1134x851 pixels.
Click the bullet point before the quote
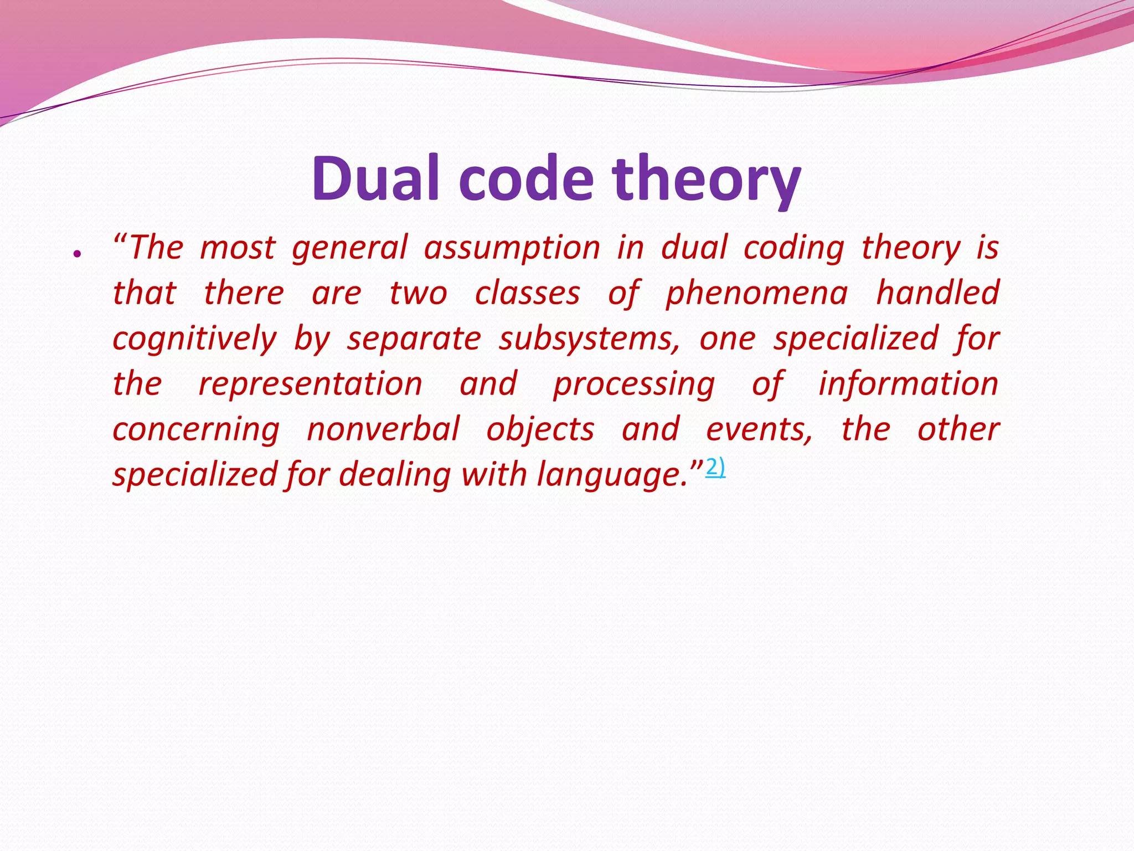pos(78,254)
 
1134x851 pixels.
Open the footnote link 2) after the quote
pos(715,468)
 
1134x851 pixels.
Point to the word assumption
pos(512,248)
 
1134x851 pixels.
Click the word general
pos(350,248)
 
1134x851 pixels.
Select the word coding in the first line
pos(794,248)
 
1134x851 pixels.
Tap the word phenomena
pos(756,293)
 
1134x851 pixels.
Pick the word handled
pos(937,293)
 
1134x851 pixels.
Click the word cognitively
pos(194,339)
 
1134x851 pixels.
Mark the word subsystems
pos(589,339)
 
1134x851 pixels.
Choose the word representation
pos(311,384)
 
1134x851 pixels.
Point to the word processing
pos(634,384)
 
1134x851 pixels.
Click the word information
pos(908,384)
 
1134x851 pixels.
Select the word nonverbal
pos(383,429)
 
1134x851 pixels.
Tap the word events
pos(759,429)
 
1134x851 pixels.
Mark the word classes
pos(527,293)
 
